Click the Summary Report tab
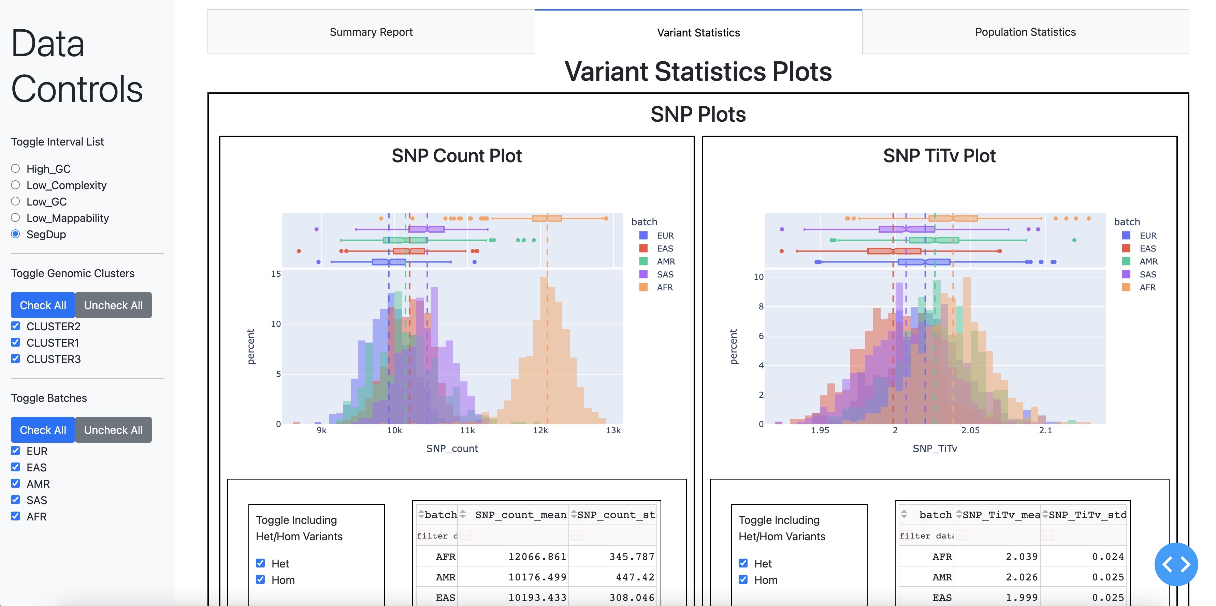[x=371, y=32]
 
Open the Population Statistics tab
[x=1025, y=32]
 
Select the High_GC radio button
[x=16, y=169]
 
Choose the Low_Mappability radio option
[x=16, y=218]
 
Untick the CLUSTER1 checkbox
[x=16, y=343]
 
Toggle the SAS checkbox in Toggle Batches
[x=16, y=500]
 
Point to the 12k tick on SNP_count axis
[x=540, y=430]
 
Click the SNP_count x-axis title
[x=452, y=449]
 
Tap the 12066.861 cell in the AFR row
[x=537, y=557]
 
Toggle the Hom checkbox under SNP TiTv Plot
[x=743, y=580]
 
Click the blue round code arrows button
[x=1176, y=564]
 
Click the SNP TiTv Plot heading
[x=939, y=156]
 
